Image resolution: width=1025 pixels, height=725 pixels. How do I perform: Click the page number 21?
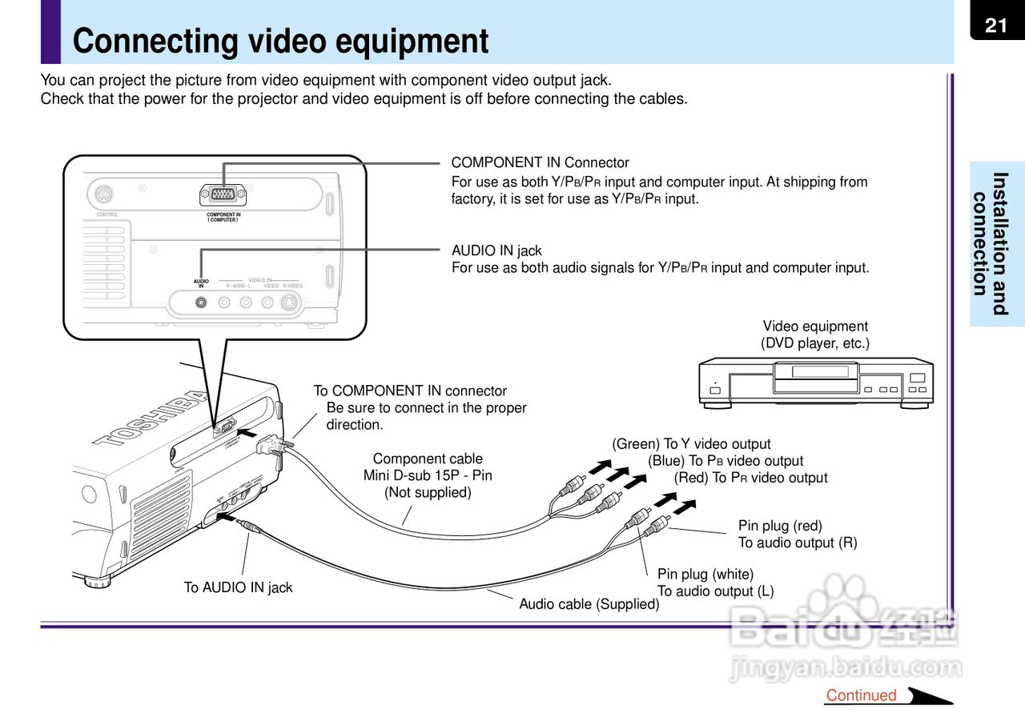pyautogui.click(x=996, y=26)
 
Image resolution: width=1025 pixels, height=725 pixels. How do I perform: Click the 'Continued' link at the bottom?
pyautogui.click(x=861, y=695)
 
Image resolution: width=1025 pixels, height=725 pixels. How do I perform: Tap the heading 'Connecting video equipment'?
pyautogui.click(x=280, y=42)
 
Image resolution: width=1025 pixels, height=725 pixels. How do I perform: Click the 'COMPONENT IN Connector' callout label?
pyautogui.click(x=541, y=163)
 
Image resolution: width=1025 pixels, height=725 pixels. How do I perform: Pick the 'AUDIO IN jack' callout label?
pyautogui.click(x=496, y=251)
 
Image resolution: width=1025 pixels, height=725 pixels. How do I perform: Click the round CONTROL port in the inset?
pyautogui.click(x=103, y=194)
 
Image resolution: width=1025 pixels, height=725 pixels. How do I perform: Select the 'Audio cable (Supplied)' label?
pyautogui.click(x=589, y=604)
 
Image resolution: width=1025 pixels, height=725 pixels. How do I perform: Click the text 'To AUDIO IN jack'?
pyautogui.click(x=239, y=587)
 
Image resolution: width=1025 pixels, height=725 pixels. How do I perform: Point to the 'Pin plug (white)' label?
pyautogui.click(x=705, y=574)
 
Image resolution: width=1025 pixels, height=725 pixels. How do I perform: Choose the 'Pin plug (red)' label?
pyautogui.click(x=780, y=526)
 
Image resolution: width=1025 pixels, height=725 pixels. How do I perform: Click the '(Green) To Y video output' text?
pyautogui.click(x=691, y=444)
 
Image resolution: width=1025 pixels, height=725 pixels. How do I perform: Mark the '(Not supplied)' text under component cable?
pyautogui.click(x=428, y=492)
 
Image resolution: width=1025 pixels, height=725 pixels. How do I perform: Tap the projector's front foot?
pyautogui.click(x=97, y=582)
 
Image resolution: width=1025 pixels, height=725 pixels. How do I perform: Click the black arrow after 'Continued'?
pyautogui.click(x=929, y=695)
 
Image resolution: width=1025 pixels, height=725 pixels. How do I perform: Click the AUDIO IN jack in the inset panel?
pyautogui.click(x=201, y=302)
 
